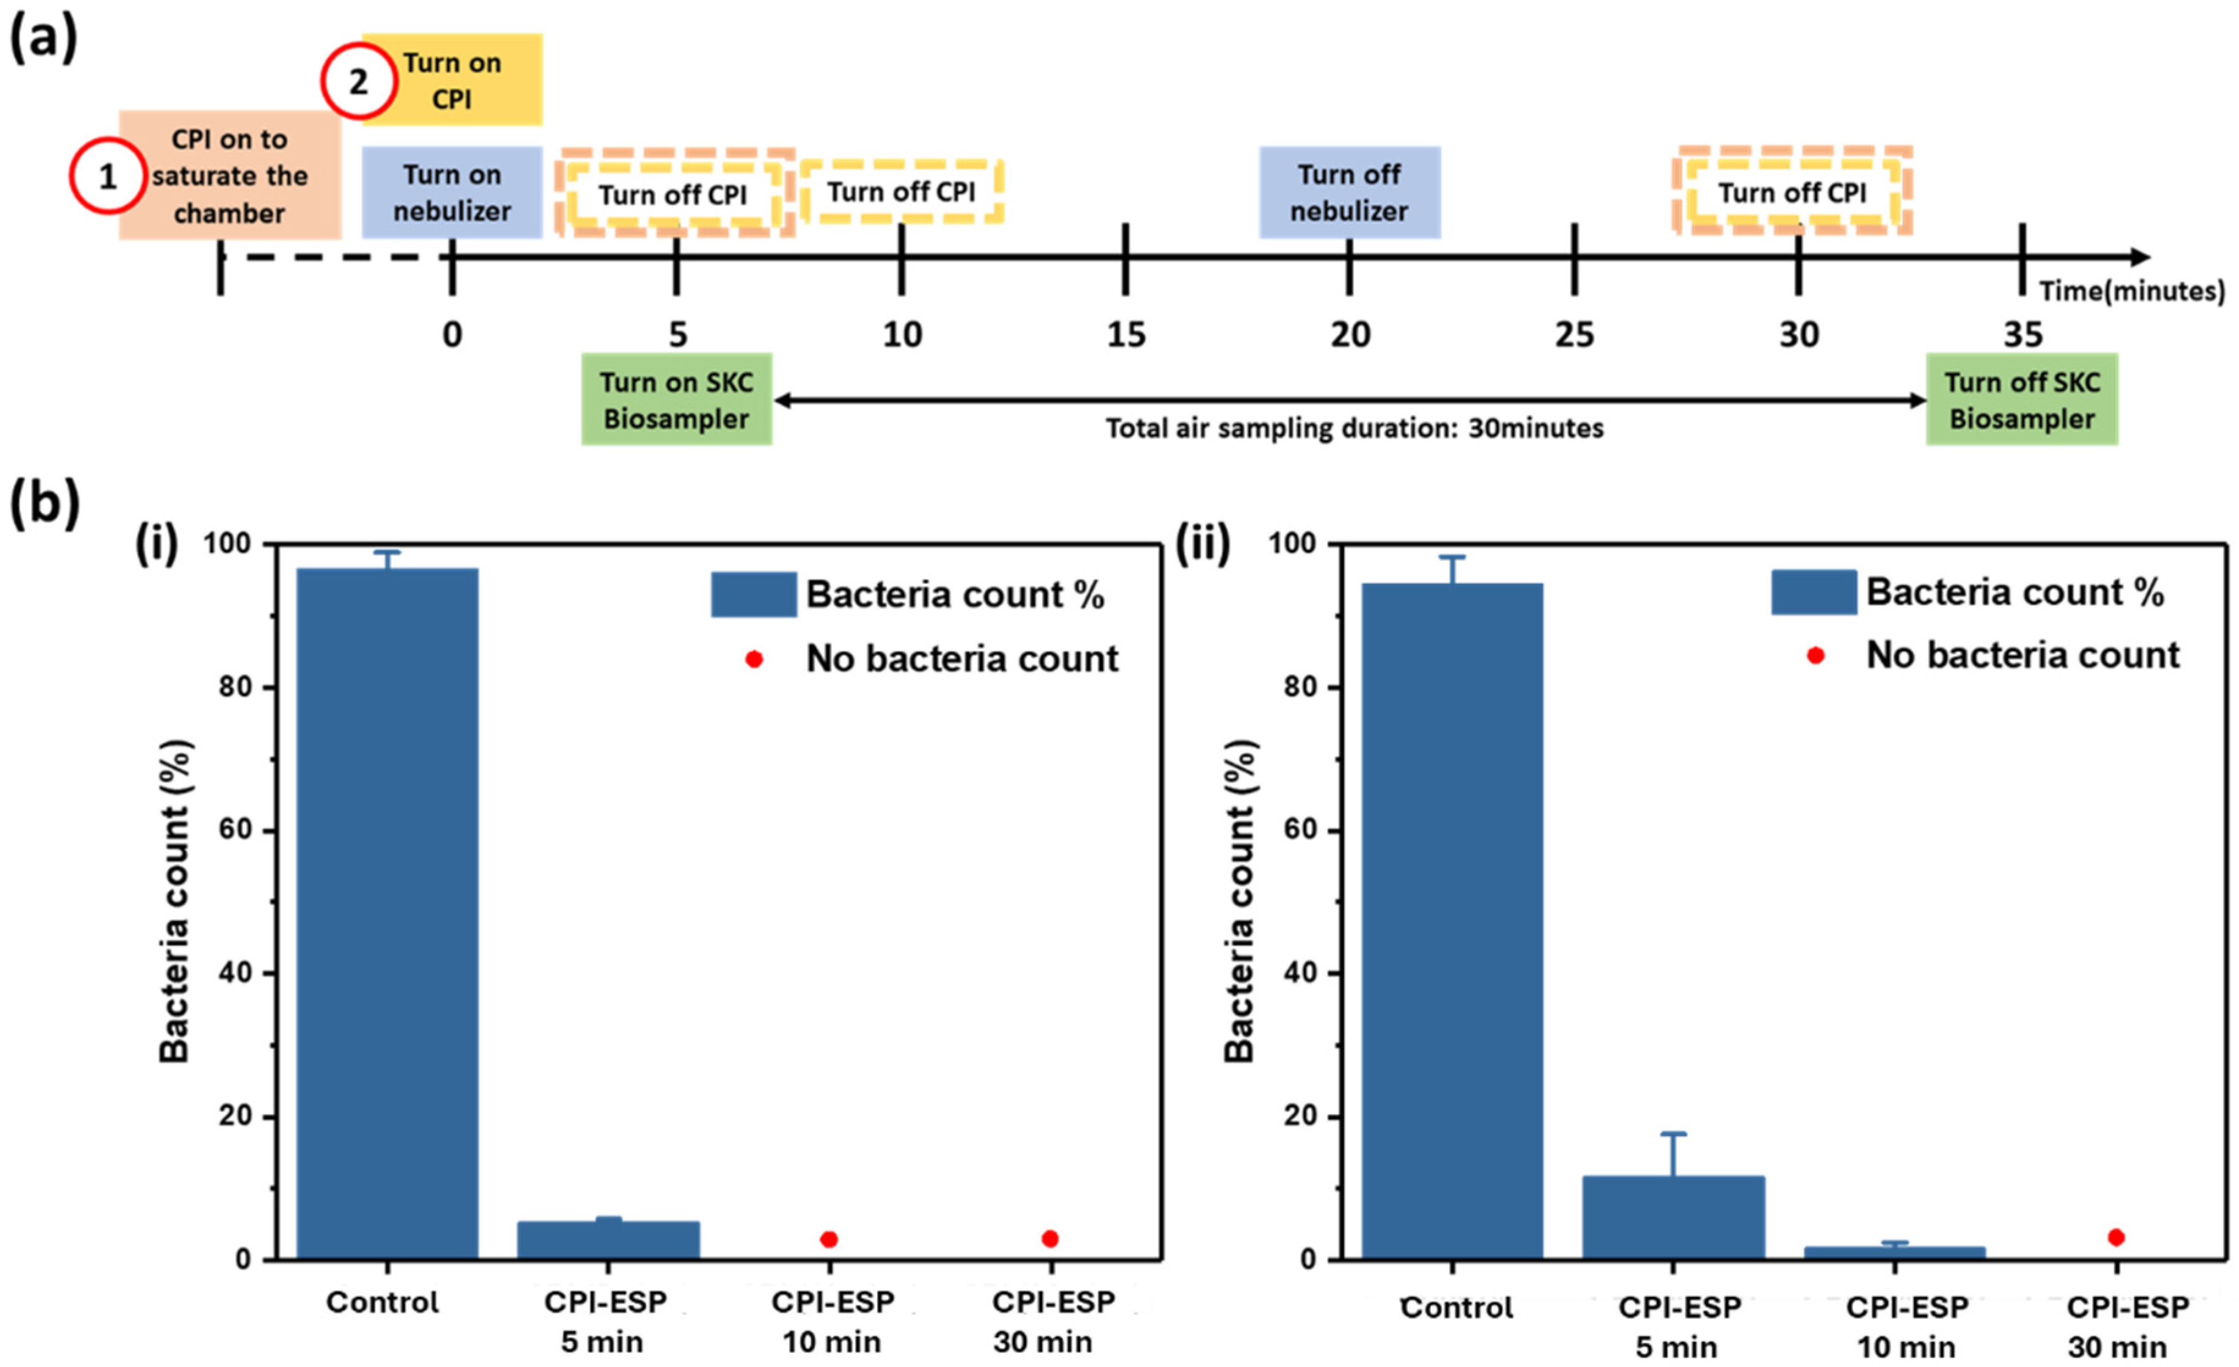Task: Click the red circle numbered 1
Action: point(107,176)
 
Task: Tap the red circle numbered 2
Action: point(358,82)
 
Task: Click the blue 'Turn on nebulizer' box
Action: point(452,192)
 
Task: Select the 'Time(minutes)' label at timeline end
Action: point(2131,291)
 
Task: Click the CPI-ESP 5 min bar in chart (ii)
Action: point(1673,1217)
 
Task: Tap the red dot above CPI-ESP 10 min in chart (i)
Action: point(829,1239)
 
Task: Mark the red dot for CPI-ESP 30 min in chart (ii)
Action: point(2116,1237)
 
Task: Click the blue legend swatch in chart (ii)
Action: point(1813,592)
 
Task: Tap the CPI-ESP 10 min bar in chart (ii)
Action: point(1895,1253)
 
